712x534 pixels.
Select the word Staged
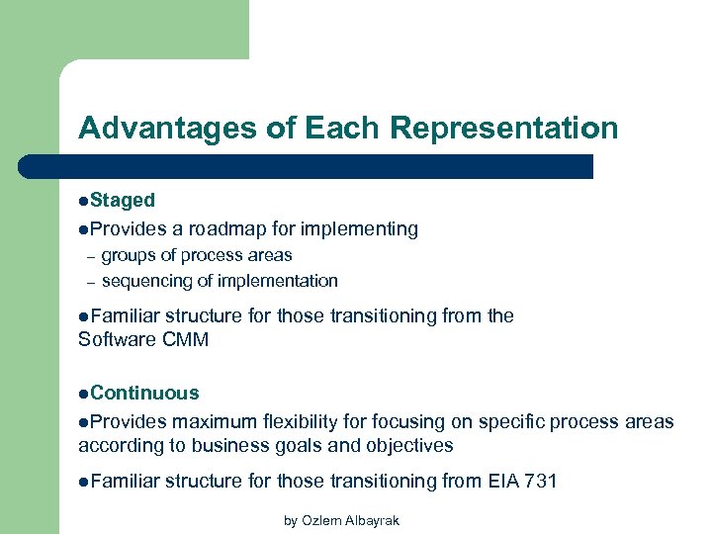point(123,200)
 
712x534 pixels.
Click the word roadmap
point(232,228)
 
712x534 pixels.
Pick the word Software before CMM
point(118,340)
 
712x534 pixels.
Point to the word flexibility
point(317,422)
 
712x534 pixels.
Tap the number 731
point(540,481)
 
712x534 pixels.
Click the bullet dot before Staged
point(83,201)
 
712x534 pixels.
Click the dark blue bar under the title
point(326,166)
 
